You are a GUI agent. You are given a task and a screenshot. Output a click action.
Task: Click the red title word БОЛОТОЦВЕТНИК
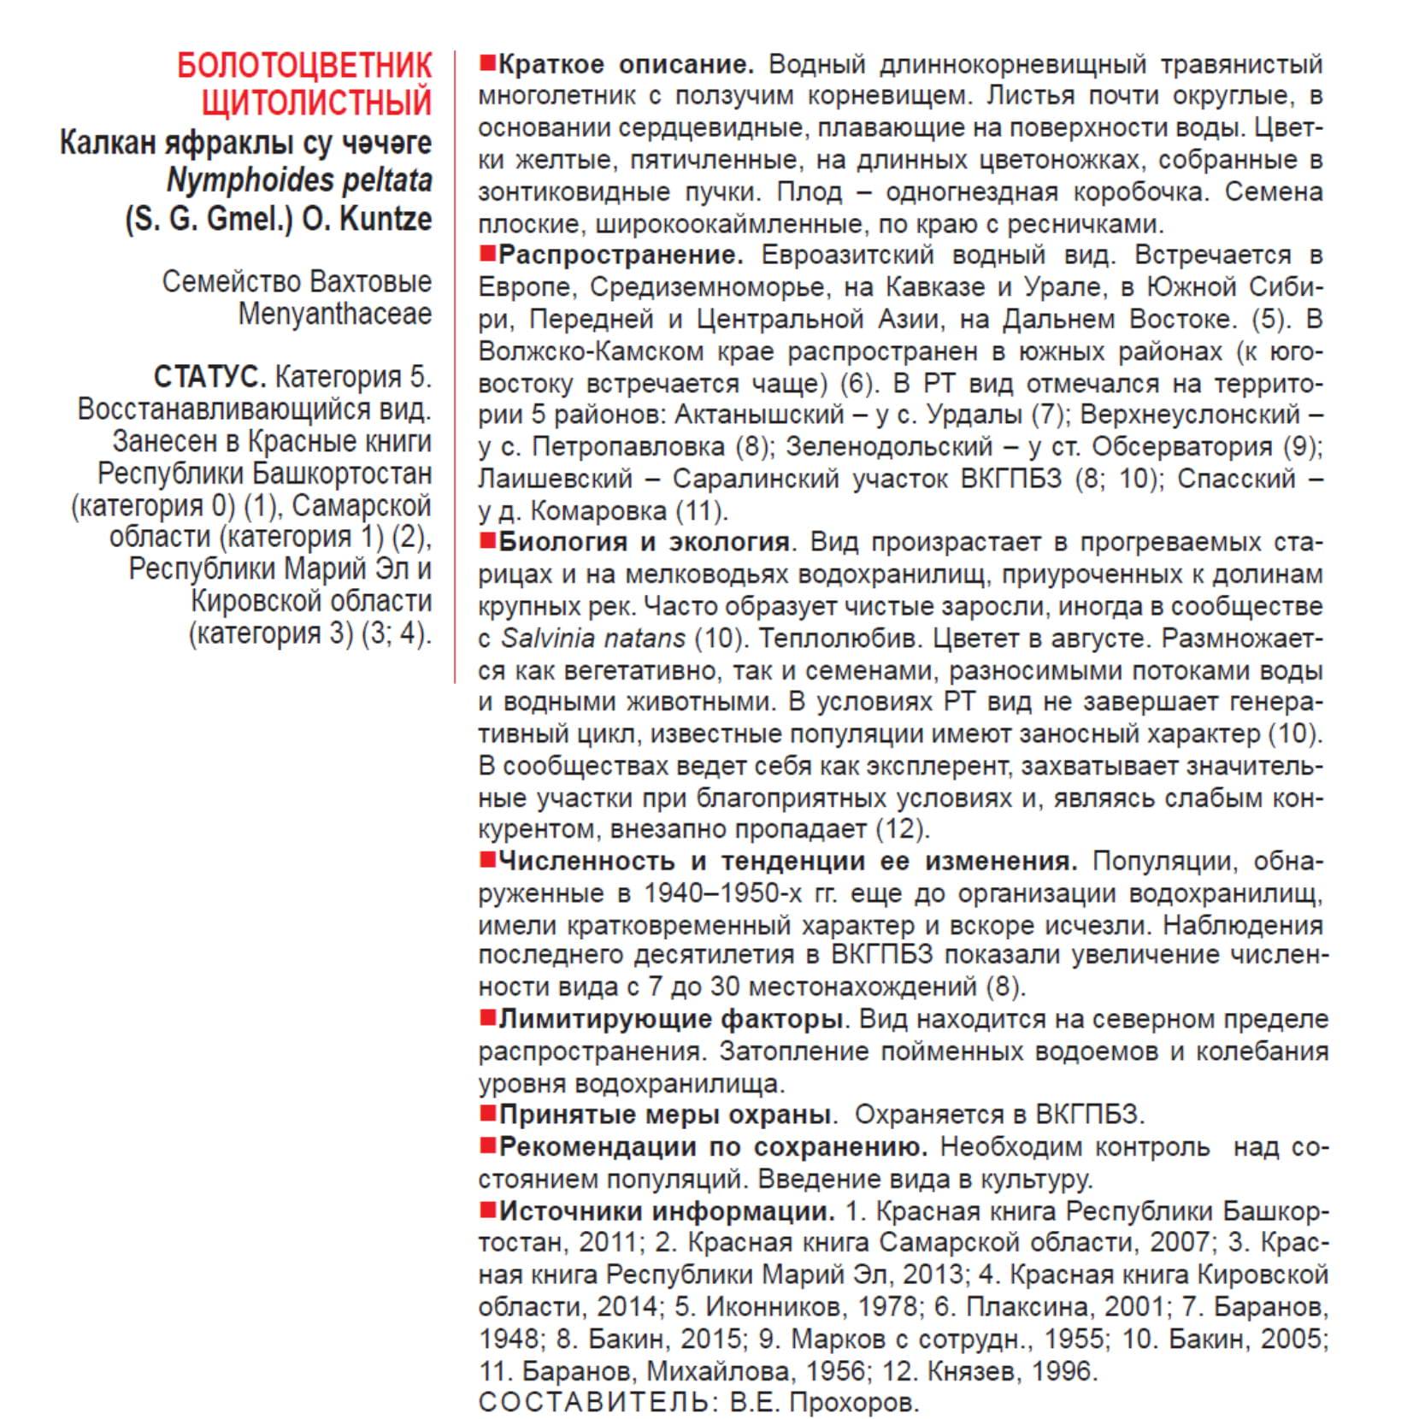(304, 66)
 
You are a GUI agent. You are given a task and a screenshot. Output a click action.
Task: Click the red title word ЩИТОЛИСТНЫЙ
(316, 103)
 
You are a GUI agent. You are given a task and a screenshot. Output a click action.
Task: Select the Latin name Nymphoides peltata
(299, 180)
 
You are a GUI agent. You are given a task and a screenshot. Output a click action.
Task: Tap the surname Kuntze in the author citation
(386, 219)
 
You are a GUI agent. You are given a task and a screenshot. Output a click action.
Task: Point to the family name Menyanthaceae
(334, 314)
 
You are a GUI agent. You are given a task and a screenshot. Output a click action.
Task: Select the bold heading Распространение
(621, 255)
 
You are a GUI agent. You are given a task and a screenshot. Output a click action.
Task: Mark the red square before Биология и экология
(488, 541)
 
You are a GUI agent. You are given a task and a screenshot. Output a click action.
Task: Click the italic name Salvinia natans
(593, 638)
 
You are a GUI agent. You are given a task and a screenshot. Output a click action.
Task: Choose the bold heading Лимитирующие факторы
(671, 1019)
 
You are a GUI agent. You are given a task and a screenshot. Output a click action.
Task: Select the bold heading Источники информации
(667, 1210)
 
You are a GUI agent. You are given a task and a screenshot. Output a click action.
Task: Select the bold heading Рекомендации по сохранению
(713, 1146)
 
